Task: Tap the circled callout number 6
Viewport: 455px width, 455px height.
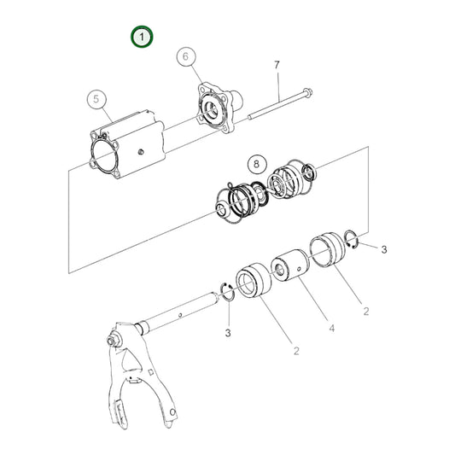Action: tap(185, 57)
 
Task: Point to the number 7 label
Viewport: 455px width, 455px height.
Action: tap(277, 66)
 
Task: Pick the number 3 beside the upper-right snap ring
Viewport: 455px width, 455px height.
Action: tap(383, 249)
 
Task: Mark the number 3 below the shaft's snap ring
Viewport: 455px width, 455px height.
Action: tap(229, 331)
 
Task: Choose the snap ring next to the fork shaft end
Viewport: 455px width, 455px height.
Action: tap(228, 291)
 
